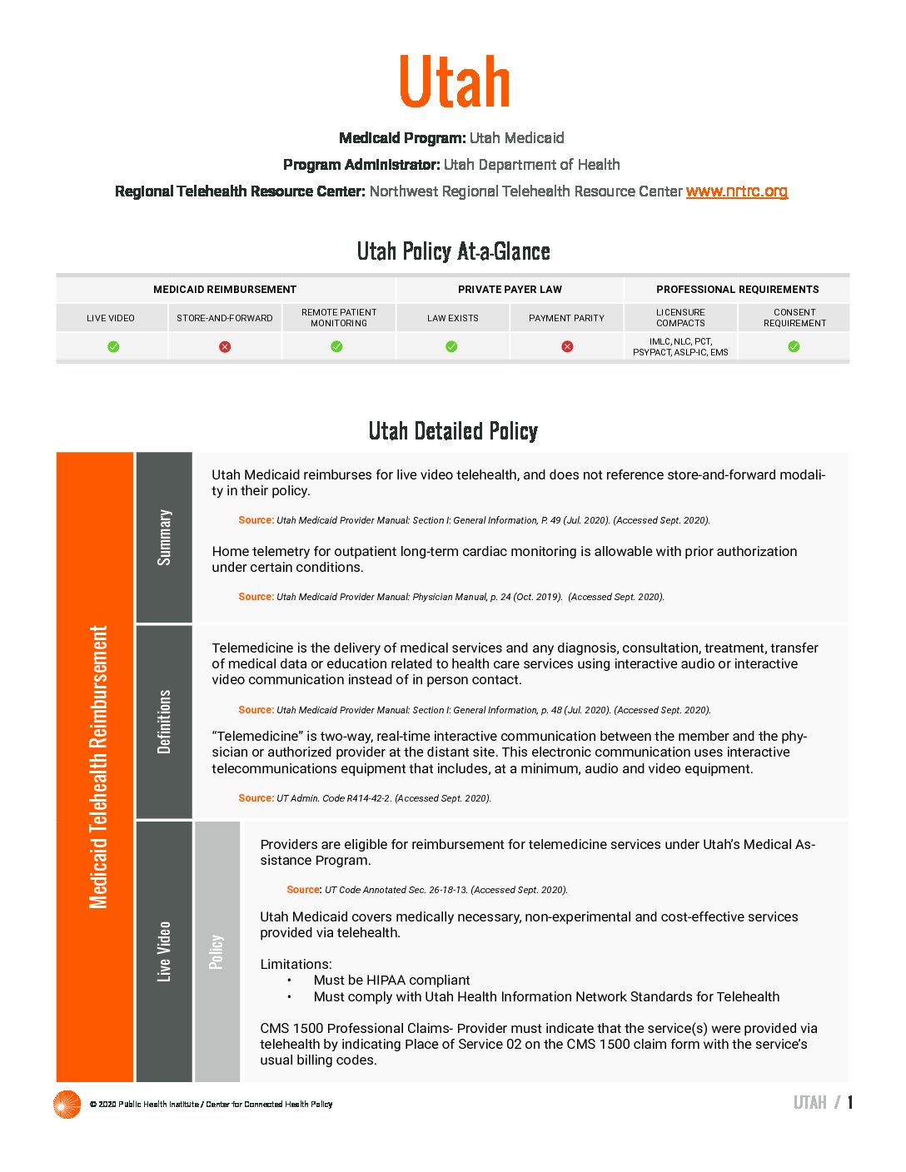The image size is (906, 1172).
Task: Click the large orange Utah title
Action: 454,82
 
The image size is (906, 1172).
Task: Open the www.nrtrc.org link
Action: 736,191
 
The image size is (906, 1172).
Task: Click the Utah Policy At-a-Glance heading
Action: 453,251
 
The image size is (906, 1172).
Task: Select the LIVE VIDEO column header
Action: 111,318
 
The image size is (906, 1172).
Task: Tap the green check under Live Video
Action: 113,346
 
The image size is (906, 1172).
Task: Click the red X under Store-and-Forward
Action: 225,346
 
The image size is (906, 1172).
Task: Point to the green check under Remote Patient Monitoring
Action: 337,346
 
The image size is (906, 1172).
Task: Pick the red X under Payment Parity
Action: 567,346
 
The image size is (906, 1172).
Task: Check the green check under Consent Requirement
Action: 794,346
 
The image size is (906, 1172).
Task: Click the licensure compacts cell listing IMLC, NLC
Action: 680,347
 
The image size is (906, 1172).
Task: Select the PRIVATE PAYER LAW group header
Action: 510,290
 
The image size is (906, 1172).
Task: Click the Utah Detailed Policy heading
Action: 453,431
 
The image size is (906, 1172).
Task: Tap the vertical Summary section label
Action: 164,538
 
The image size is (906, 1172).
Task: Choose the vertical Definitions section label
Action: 164,721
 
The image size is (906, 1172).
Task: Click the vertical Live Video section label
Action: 164,951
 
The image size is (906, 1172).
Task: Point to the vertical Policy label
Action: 217,951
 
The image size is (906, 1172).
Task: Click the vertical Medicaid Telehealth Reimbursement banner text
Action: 98,767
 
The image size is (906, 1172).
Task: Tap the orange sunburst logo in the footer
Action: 67,1104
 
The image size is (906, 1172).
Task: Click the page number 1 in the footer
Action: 850,1103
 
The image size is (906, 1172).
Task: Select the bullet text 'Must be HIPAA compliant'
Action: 391,981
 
